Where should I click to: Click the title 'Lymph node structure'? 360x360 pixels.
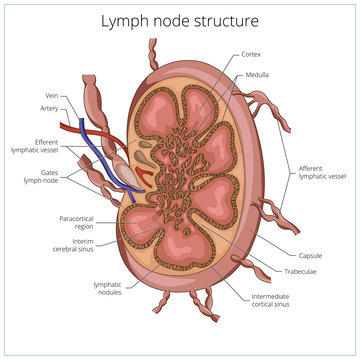click(180, 19)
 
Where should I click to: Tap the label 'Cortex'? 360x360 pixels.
click(253, 53)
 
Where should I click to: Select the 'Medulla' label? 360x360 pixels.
click(257, 74)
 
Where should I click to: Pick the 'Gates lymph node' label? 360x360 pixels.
click(42, 177)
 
